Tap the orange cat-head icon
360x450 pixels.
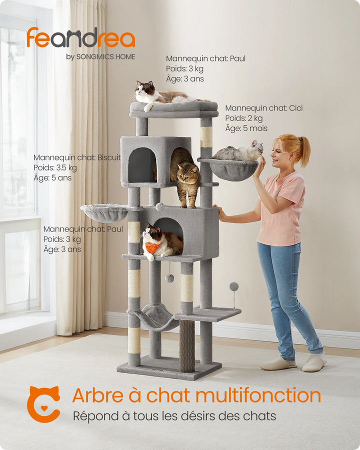point(43,404)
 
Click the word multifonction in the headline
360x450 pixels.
point(258,395)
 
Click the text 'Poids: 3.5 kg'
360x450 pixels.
point(55,167)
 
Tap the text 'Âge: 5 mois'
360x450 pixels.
point(246,128)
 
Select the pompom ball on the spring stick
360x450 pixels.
point(233,287)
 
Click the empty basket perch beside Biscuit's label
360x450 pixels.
point(105,212)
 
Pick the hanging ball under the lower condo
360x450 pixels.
point(170,278)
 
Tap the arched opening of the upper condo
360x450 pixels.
point(142,165)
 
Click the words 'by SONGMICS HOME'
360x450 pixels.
point(100,57)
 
